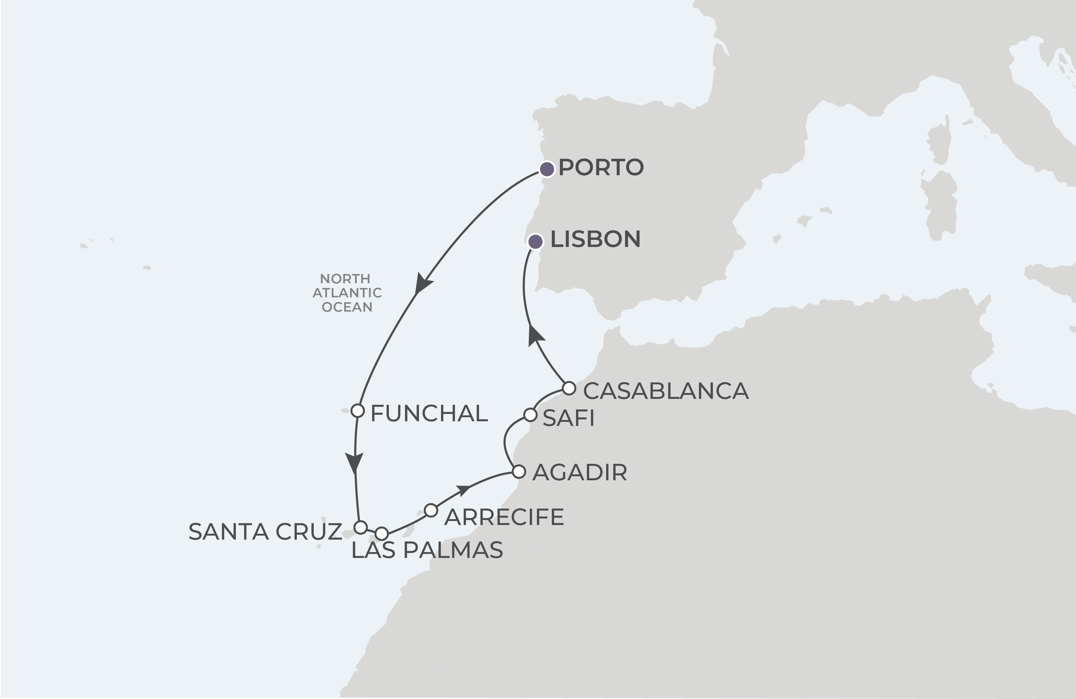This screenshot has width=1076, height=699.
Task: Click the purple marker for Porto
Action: click(x=547, y=169)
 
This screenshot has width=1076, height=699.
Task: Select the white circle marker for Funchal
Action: click(x=358, y=411)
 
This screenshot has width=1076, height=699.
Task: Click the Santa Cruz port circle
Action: click(x=360, y=527)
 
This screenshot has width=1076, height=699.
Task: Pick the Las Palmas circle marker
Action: click(x=381, y=533)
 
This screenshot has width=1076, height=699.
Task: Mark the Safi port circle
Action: click(x=530, y=414)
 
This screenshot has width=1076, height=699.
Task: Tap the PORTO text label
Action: click(x=601, y=167)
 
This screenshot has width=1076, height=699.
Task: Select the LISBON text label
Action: click(x=595, y=239)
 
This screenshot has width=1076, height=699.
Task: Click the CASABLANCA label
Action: click(x=665, y=391)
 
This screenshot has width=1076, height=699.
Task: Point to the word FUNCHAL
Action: click(x=429, y=413)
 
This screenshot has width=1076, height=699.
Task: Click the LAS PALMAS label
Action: click(x=427, y=551)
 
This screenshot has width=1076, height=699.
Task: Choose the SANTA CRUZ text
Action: click(x=265, y=532)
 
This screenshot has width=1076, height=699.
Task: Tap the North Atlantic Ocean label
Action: click(x=347, y=293)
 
